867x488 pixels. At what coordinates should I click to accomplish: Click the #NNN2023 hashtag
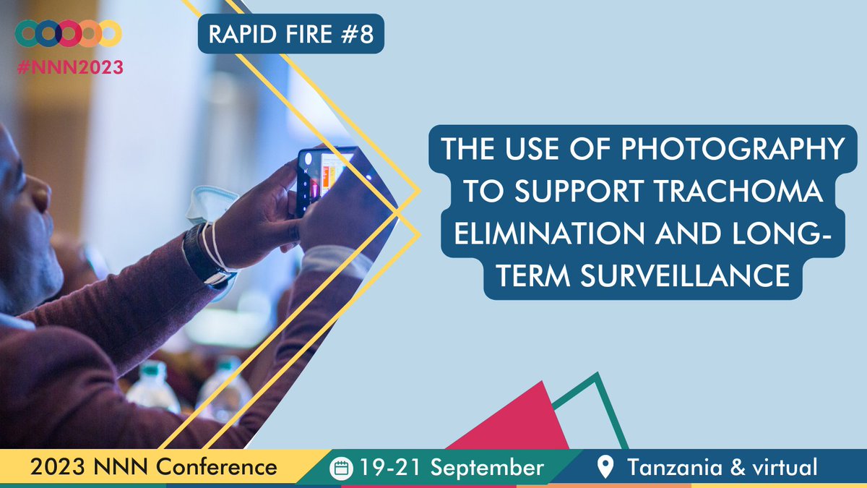point(69,67)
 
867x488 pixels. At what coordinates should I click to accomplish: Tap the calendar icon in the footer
point(340,468)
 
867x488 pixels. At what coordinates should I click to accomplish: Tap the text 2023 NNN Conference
point(153,467)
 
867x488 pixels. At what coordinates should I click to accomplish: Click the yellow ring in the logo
point(110,33)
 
